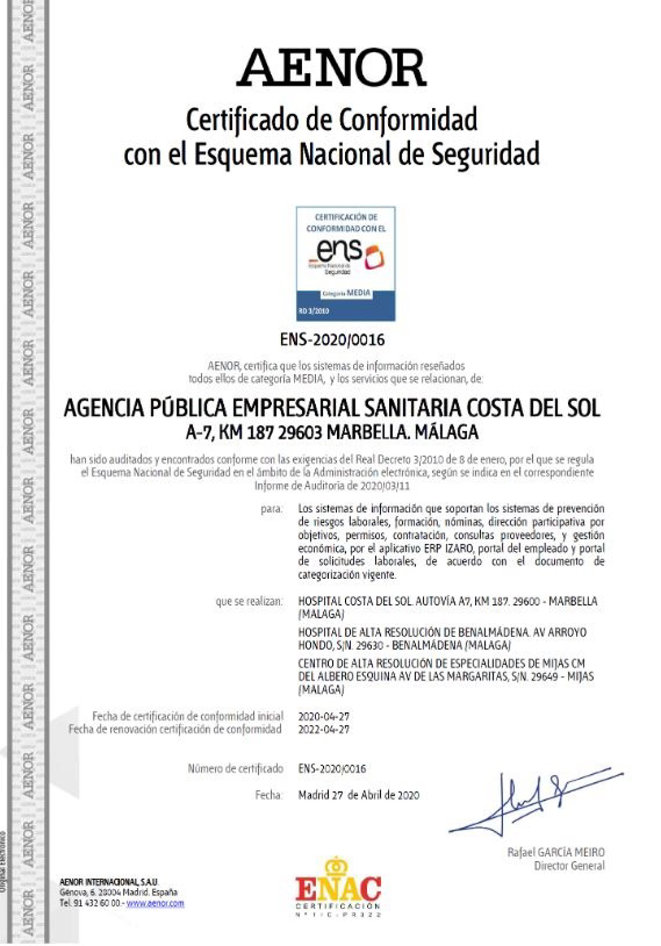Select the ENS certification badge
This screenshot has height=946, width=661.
tap(346, 264)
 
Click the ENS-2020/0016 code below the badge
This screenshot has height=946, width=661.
tap(332, 340)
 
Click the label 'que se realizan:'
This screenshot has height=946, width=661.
tap(249, 602)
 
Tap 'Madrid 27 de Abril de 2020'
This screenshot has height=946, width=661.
tap(358, 796)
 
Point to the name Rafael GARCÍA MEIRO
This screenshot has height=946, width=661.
tap(556, 852)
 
